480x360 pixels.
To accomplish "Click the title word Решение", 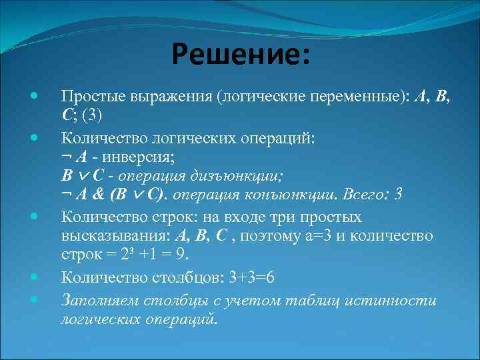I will pos(239,53).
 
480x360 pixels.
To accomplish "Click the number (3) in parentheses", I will pos(91,114).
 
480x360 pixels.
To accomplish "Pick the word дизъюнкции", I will pos(241,176).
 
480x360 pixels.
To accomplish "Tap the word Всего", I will pos(365,195).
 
